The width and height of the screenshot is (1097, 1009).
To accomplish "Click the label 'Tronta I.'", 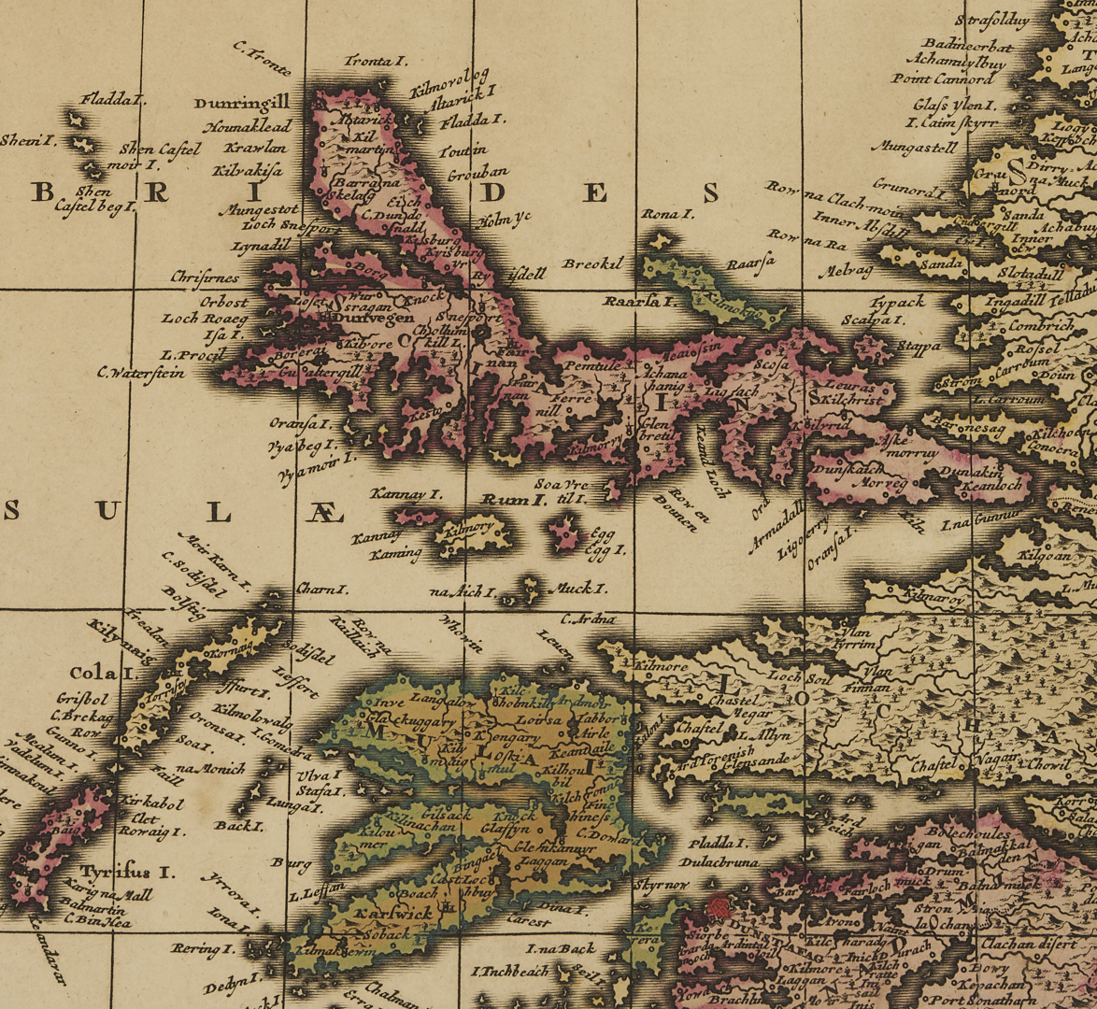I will [x=376, y=62].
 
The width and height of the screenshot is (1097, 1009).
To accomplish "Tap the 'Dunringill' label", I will [x=242, y=103].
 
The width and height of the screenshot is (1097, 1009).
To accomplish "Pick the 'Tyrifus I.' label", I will [x=127, y=873].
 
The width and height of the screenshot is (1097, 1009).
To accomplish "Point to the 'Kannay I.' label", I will [x=406, y=493].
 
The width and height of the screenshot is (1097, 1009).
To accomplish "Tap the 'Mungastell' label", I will [x=915, y=147].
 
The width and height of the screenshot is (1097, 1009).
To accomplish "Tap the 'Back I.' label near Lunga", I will [x=238, y=826].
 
